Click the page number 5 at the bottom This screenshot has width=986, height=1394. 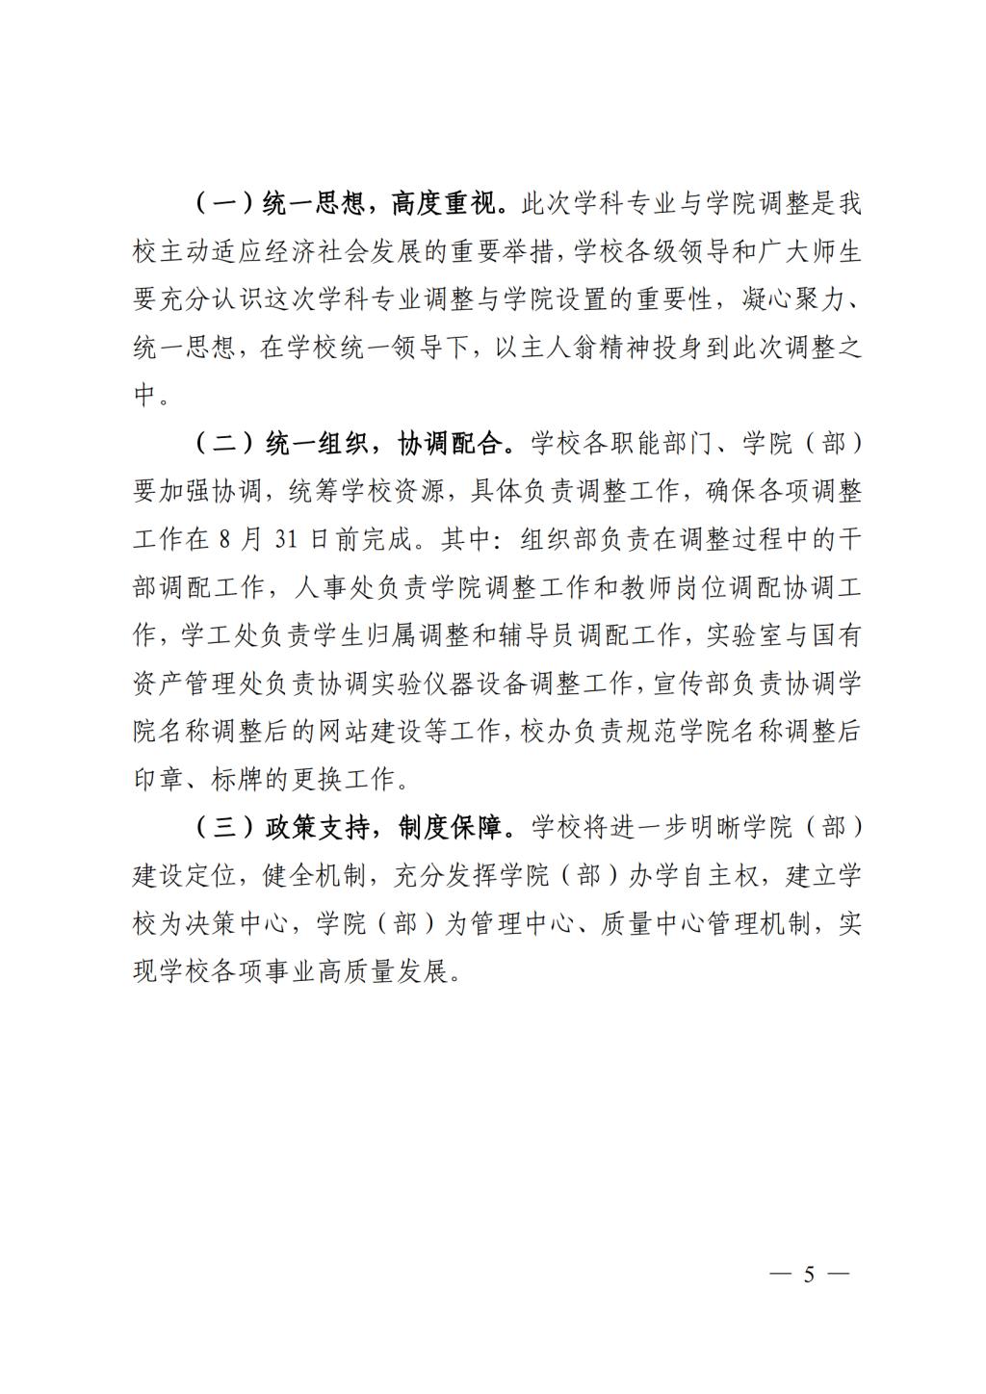[809, 1275]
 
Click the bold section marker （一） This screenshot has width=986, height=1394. [223, 204]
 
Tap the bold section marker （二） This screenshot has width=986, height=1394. [223, 444]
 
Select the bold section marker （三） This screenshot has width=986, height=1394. [223, 828]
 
